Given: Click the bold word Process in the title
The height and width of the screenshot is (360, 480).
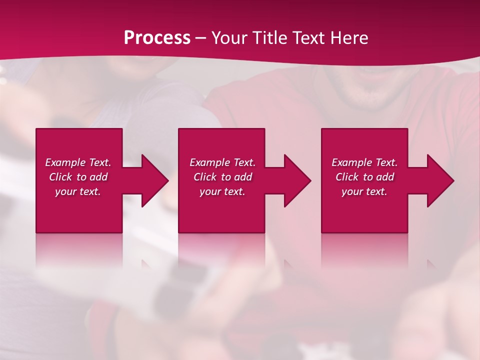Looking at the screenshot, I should [157, 38].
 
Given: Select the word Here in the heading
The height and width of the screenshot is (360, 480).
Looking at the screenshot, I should [349, 38].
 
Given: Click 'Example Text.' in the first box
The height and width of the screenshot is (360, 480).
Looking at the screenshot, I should [78, 162].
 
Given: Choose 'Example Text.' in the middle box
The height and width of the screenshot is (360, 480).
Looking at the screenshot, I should [222, 162].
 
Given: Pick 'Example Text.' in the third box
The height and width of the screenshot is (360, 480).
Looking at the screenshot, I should [364, 162].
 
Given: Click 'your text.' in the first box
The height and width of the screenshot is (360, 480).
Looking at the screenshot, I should [78, 191].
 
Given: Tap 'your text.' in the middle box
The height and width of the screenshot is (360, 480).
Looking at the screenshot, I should [222, 191].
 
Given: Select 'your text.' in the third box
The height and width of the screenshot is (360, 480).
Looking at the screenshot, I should [364, 191].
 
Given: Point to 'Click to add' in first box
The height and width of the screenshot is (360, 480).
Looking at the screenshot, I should [78, 177].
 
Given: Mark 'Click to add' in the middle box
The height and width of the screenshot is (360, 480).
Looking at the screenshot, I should [222, 177].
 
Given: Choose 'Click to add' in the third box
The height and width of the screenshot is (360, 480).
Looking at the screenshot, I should [364, 177].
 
